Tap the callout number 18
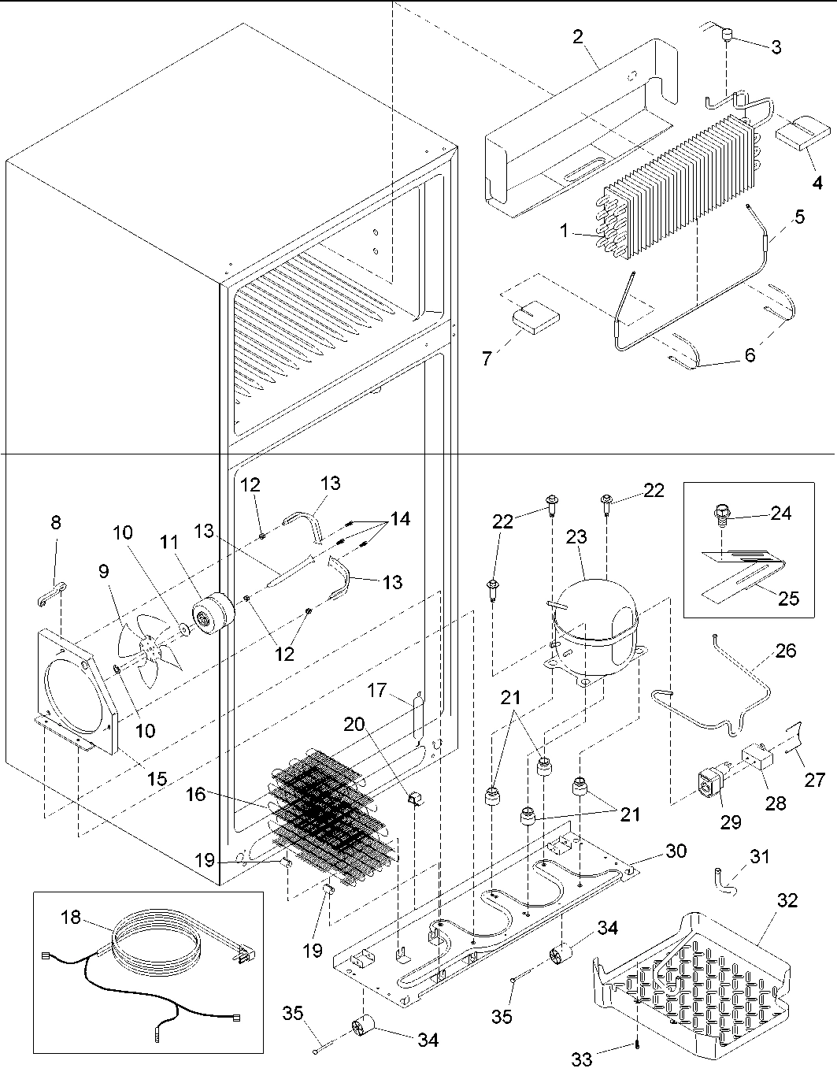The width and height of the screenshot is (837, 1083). pos(72,918)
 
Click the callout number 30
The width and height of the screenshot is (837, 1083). pos(676,851)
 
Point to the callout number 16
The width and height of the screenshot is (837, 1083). pos(196,794)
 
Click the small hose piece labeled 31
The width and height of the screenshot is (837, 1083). pos(722,877)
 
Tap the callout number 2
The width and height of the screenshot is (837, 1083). pos(578,37)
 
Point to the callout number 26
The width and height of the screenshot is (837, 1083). pos(786,651)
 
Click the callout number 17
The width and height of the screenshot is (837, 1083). pos(378,691)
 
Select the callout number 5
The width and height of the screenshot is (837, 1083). pos(798,216)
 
